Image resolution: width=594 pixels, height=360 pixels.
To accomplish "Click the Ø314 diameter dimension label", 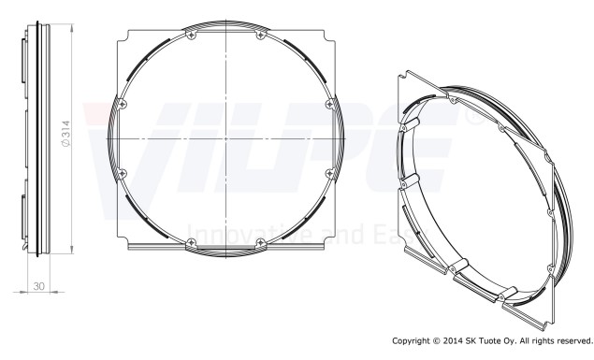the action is (x=65, y=134).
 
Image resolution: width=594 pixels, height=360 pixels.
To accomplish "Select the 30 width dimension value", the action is (x=38, y=286).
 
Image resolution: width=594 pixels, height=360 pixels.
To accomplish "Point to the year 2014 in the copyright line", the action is (x=453, y=341).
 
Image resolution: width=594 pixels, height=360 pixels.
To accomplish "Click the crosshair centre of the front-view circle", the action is (x=226, y=139).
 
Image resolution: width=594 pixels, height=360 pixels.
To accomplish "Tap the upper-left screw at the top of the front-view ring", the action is (x=192, y=36).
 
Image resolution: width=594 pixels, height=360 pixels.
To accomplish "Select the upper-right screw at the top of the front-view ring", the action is (x=261, y=36).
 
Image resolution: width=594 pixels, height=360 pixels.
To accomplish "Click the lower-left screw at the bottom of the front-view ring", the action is (x=192, y=243).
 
